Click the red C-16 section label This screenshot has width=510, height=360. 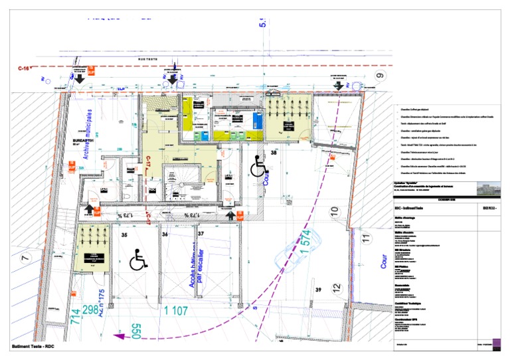(26, 68)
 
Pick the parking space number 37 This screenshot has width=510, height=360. (201, 233)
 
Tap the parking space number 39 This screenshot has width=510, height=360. (319, 290)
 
